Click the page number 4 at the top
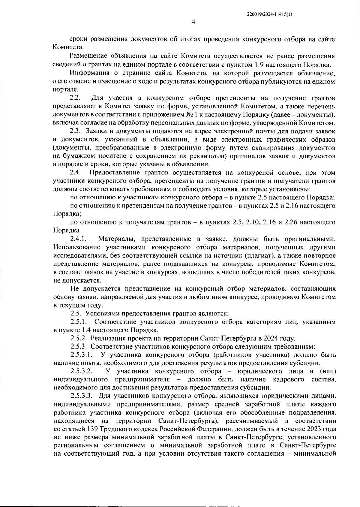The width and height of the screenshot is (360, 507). coord(193,22)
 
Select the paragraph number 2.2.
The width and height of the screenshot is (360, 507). coord(75,98)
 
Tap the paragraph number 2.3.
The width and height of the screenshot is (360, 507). coord(75,131)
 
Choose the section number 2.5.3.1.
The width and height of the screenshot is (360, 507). coord(81,355)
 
